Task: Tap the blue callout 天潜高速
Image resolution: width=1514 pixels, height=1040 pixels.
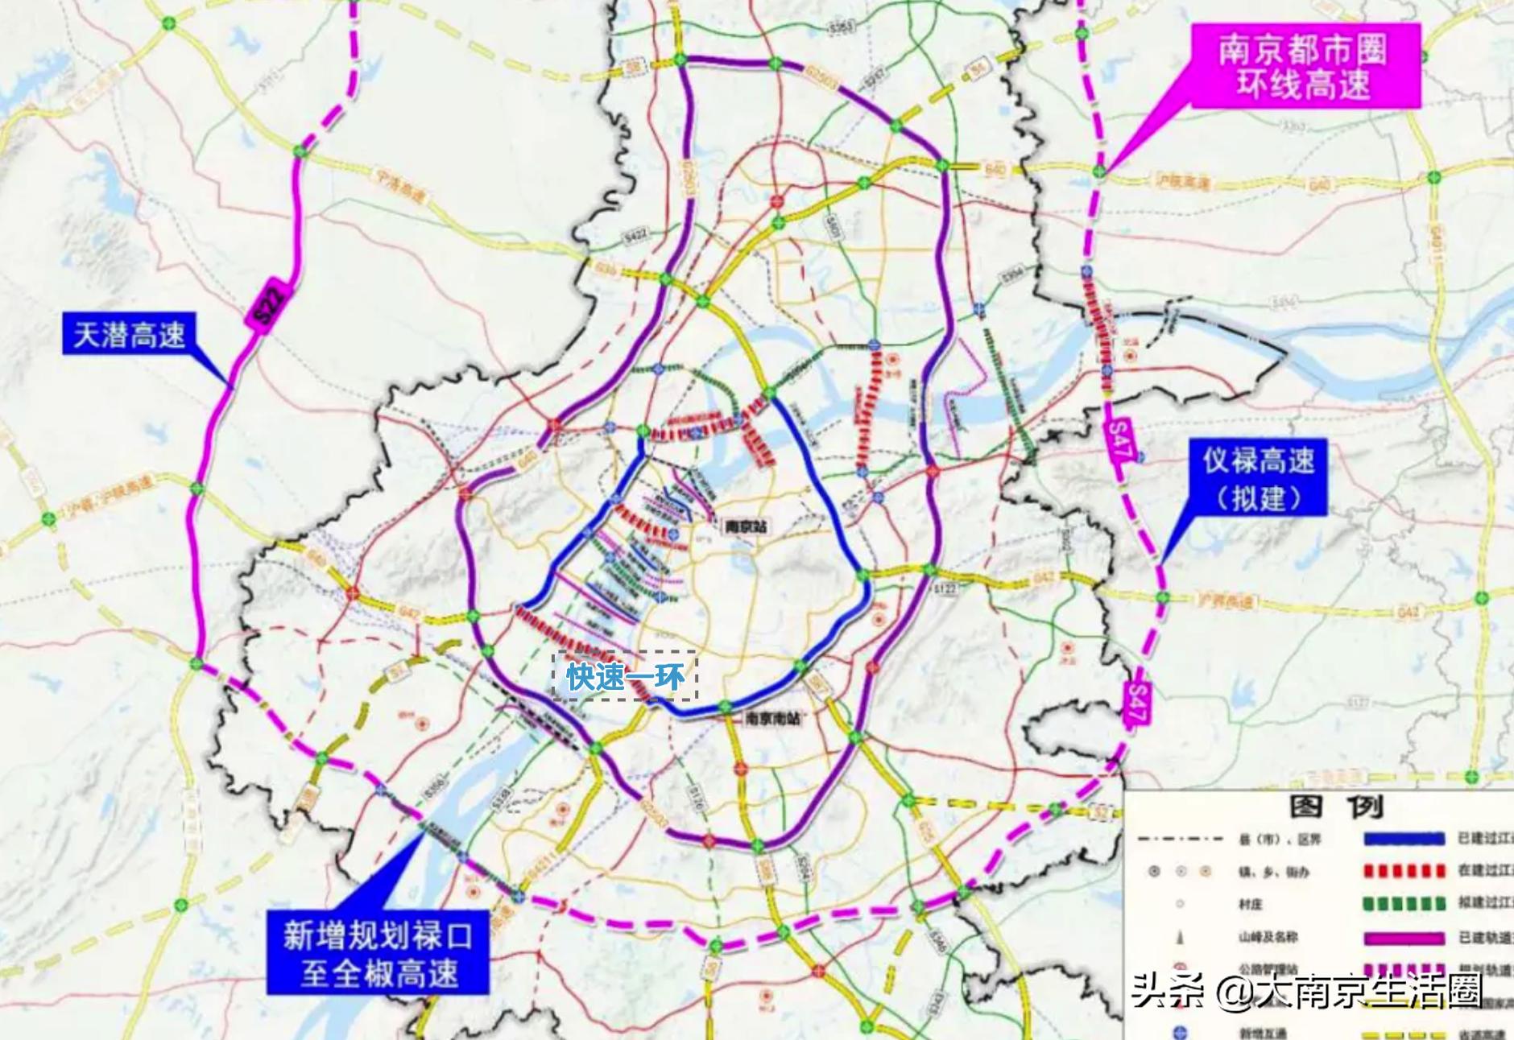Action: (129, 333)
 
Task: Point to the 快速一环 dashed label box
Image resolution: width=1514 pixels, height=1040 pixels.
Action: (625, 676)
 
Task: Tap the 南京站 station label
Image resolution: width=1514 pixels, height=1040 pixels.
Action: (746, 526)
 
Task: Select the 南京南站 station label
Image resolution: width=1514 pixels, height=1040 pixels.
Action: (772, 718)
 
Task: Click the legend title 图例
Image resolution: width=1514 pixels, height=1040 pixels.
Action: (1335, 806)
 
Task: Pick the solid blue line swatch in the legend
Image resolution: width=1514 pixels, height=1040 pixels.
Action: (1404, 839)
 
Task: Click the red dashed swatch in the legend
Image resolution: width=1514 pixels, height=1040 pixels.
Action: (1404, 871)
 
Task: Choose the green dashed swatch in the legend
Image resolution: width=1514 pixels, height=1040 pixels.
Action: (1404, 904)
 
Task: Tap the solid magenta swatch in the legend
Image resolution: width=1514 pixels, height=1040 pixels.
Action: (1404, 938)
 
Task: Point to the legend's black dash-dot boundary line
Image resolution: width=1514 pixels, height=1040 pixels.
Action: (1180, 839)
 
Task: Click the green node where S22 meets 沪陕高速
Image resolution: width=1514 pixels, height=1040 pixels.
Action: (197, 488)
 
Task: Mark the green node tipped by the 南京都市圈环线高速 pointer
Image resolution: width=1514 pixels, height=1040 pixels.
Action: (1099, 171)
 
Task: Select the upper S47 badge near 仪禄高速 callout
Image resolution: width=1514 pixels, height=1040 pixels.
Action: (1119, 441)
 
